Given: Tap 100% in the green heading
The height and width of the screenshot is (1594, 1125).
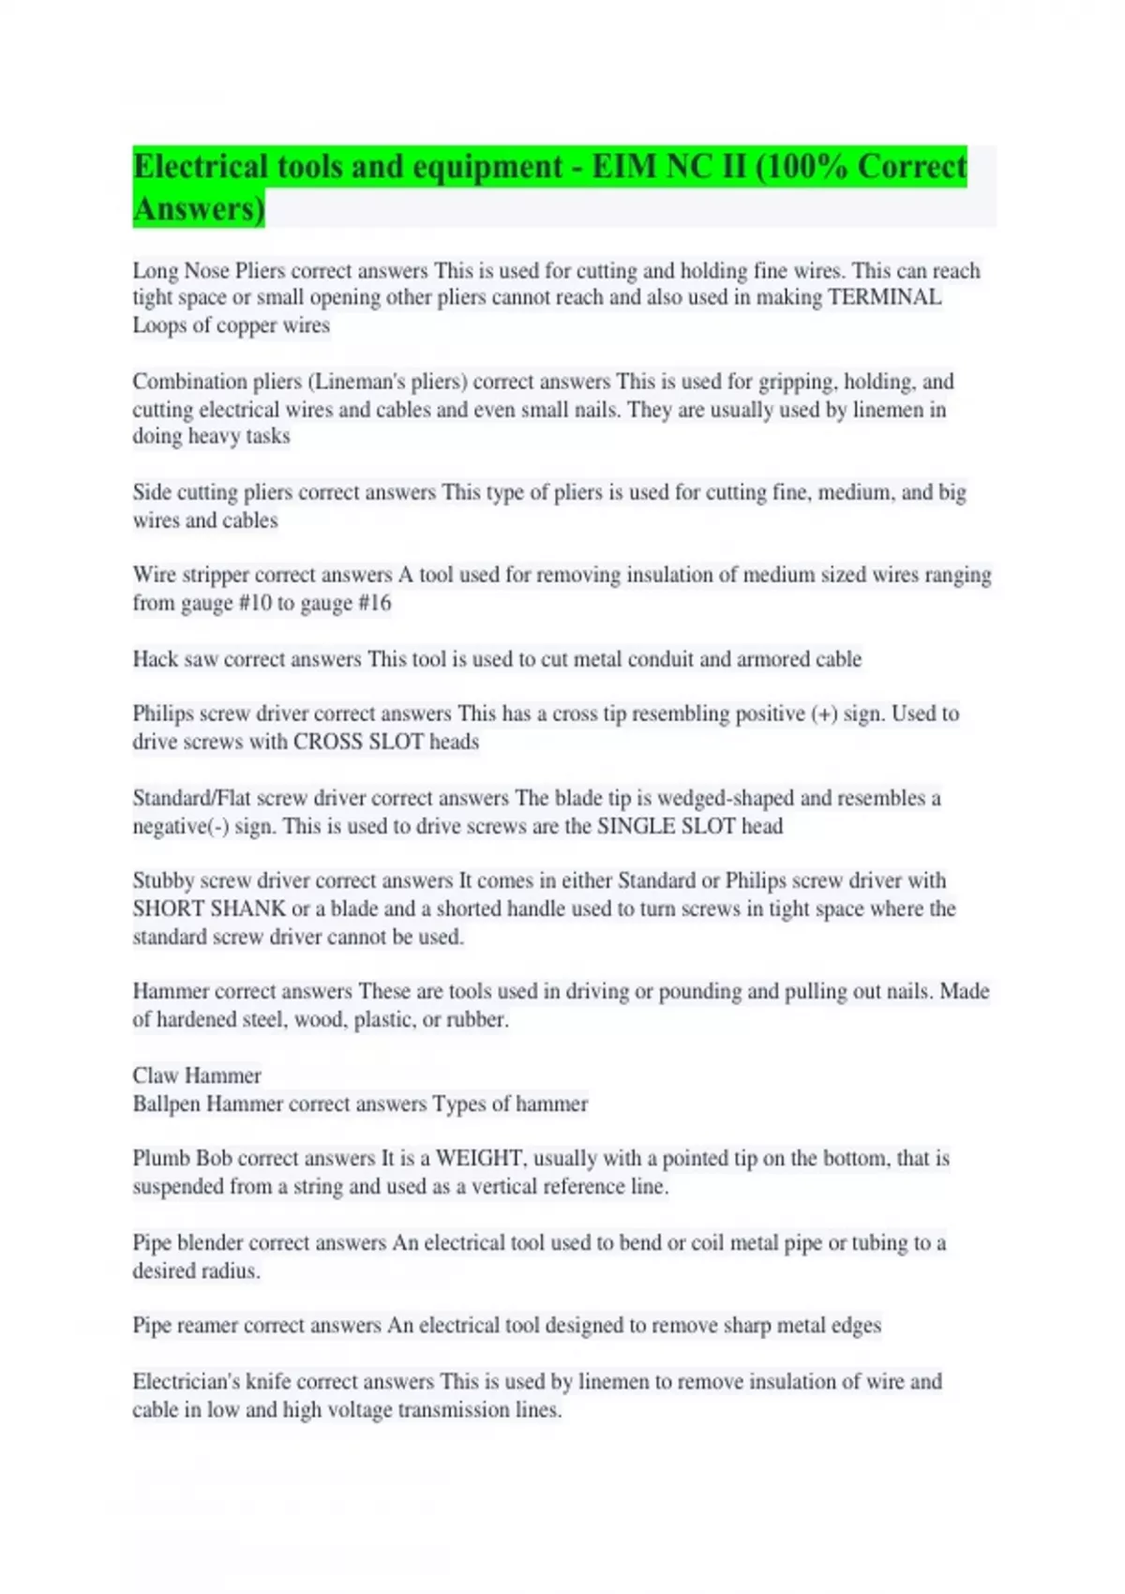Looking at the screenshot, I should tap(803, 167).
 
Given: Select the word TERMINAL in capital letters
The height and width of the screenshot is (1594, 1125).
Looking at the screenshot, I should tap(884, 297).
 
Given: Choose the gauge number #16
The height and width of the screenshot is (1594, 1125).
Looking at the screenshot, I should tap(374, 603).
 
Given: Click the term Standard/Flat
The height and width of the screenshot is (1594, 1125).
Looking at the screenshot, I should tap(191, 798).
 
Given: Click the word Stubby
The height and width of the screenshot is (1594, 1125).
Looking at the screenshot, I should tap(163, 880).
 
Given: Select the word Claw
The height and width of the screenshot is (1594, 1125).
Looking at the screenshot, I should tap(155, 1075).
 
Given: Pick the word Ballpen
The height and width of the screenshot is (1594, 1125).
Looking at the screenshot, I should tap(166, 1104).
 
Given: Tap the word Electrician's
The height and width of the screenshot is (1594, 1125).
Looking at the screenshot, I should tap(186, 1381).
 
